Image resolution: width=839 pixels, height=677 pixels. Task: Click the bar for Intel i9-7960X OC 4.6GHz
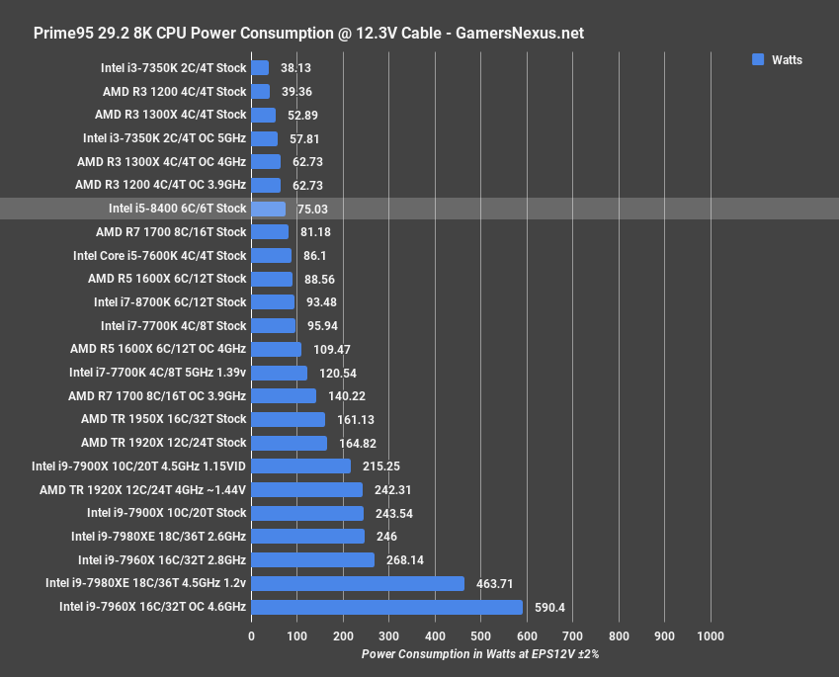[x=386, y=607]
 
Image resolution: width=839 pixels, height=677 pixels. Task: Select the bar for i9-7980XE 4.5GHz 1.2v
[x=358, y=583]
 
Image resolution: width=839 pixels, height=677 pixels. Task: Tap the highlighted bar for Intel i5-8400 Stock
[x=269, y=209]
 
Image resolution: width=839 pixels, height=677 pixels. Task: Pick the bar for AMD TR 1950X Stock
[x=289, y=419]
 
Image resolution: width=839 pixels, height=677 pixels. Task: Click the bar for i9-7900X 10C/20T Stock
[x=307, y=513]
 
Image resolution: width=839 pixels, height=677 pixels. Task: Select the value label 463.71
[x=493, y=584]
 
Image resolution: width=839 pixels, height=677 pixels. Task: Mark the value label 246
[x=386, y=537]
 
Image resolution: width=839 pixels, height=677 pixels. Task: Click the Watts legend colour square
[x=758, y=59]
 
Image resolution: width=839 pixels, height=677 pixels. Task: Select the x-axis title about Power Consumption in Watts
[x=480, y=654]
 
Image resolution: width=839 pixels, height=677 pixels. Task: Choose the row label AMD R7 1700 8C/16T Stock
[x=171, y=232]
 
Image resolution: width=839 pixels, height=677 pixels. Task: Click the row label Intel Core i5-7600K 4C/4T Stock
[x=160, y=255]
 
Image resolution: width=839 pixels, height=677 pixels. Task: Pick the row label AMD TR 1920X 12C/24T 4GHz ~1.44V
[x=142, y=489]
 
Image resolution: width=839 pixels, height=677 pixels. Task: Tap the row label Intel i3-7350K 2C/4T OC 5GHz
[x=164, y=138]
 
